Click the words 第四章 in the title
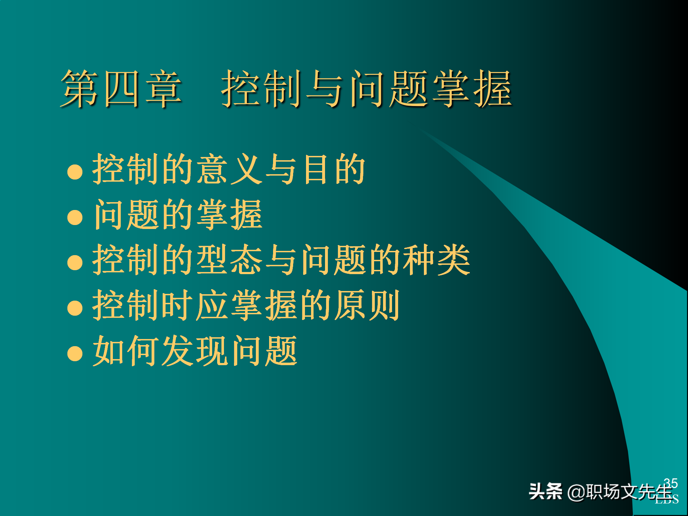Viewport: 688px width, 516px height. point(121,89)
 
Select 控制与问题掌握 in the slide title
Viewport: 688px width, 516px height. point(366,89)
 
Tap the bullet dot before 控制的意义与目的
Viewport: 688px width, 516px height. point(75,172)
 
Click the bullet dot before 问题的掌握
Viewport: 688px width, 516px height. point(75,217)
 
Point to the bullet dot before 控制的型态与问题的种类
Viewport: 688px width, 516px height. point(75,262)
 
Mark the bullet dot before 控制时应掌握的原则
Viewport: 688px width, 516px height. point(75,308)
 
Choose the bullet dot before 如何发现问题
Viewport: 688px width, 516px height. point(75,353)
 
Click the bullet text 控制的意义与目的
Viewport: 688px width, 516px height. point(229,169)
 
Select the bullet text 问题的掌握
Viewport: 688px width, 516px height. point(178,215)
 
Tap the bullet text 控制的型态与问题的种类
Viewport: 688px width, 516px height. point(281,260)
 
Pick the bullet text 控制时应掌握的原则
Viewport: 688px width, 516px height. point(246,305)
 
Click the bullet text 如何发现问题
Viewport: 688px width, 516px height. point(195,350)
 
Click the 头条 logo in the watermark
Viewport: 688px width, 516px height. point(545,491)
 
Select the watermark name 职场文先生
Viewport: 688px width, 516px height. point(629,492)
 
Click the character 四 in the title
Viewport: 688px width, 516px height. point(121,89)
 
